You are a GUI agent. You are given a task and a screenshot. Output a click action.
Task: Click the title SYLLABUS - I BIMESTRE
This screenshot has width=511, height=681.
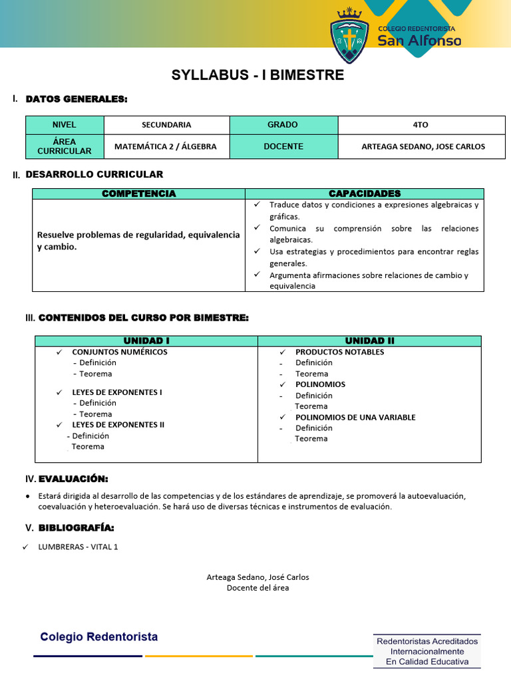point(257,75)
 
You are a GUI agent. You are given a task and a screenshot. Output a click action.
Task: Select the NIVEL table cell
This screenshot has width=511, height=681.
point(65,125)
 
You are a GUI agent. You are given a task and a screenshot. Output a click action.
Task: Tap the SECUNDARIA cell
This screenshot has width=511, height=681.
point(166,125)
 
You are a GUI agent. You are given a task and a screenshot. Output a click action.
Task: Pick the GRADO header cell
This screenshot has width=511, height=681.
point(283,125)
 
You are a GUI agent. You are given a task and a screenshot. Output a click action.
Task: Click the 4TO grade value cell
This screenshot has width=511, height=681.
point(421,125)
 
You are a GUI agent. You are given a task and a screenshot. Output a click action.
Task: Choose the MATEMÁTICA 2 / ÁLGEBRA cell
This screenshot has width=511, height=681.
point(166,146)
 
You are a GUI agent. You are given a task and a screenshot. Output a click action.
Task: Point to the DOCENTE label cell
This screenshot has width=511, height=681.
point(283,146)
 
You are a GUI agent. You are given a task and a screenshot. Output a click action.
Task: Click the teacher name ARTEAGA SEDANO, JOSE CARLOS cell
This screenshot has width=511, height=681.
point(423,146)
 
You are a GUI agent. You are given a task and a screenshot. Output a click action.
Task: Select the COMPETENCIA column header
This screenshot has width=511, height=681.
point(138,194)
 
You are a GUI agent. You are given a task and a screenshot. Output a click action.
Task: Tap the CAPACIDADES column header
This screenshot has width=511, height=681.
point(365,194)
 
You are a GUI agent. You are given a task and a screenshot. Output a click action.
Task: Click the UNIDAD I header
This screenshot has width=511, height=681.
point(146,340)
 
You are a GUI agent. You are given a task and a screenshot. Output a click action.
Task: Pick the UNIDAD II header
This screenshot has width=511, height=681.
point(369,340)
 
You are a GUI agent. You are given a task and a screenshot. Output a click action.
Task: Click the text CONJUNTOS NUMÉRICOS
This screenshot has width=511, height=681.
point(120,352)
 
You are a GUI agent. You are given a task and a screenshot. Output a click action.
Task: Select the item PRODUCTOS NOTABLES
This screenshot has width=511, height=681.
point(339,352)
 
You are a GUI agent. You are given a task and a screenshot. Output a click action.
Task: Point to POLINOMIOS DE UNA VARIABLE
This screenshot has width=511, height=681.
point(355,417)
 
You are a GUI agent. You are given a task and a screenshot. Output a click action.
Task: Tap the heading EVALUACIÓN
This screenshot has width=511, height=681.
point(73,479)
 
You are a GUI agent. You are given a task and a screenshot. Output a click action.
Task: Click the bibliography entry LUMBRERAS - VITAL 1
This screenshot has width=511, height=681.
point(79,547)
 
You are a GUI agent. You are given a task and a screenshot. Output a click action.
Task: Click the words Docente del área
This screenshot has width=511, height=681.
point(257,588)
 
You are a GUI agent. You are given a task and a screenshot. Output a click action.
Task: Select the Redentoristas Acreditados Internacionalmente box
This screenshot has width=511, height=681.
point(427,651)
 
